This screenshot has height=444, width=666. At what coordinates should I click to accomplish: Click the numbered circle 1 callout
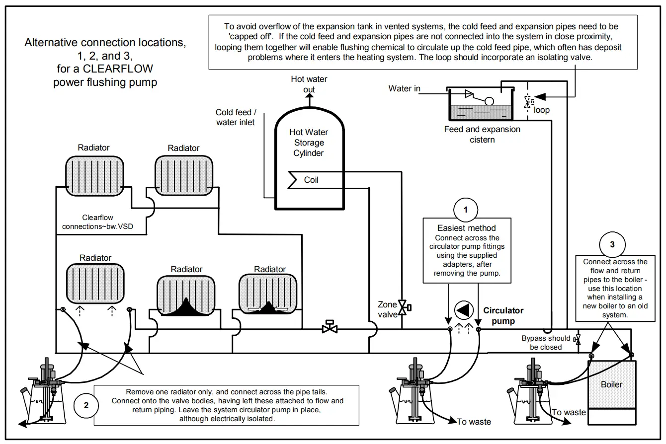pos(466,210)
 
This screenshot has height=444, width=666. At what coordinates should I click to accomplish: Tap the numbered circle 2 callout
pos(86,405)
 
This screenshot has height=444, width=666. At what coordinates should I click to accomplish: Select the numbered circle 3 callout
pos(612,244)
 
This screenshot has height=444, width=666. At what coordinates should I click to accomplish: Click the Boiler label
pos(611,384)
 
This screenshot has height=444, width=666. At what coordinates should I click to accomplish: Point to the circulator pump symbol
pos(464,310)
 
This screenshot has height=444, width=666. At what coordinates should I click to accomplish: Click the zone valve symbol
pos(404,308)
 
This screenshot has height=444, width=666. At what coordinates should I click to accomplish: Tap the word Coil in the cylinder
pos(311,180)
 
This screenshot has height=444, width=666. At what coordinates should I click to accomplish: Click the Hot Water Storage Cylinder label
pos(309,143)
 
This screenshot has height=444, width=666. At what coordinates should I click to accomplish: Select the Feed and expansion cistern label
pos(482,134)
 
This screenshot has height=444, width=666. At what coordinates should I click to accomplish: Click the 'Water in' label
pos(404,88)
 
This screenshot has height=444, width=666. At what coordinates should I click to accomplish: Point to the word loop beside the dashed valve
pos(541,110)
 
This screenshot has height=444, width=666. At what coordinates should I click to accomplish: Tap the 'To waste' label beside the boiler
pos(569,412)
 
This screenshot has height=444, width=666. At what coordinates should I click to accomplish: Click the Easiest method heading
pos(466,228)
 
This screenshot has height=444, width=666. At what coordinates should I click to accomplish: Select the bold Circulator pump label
pos(503,315)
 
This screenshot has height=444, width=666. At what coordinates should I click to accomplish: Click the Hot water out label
pos(309,84)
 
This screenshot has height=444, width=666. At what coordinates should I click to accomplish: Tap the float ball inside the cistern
pos(489,101)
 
